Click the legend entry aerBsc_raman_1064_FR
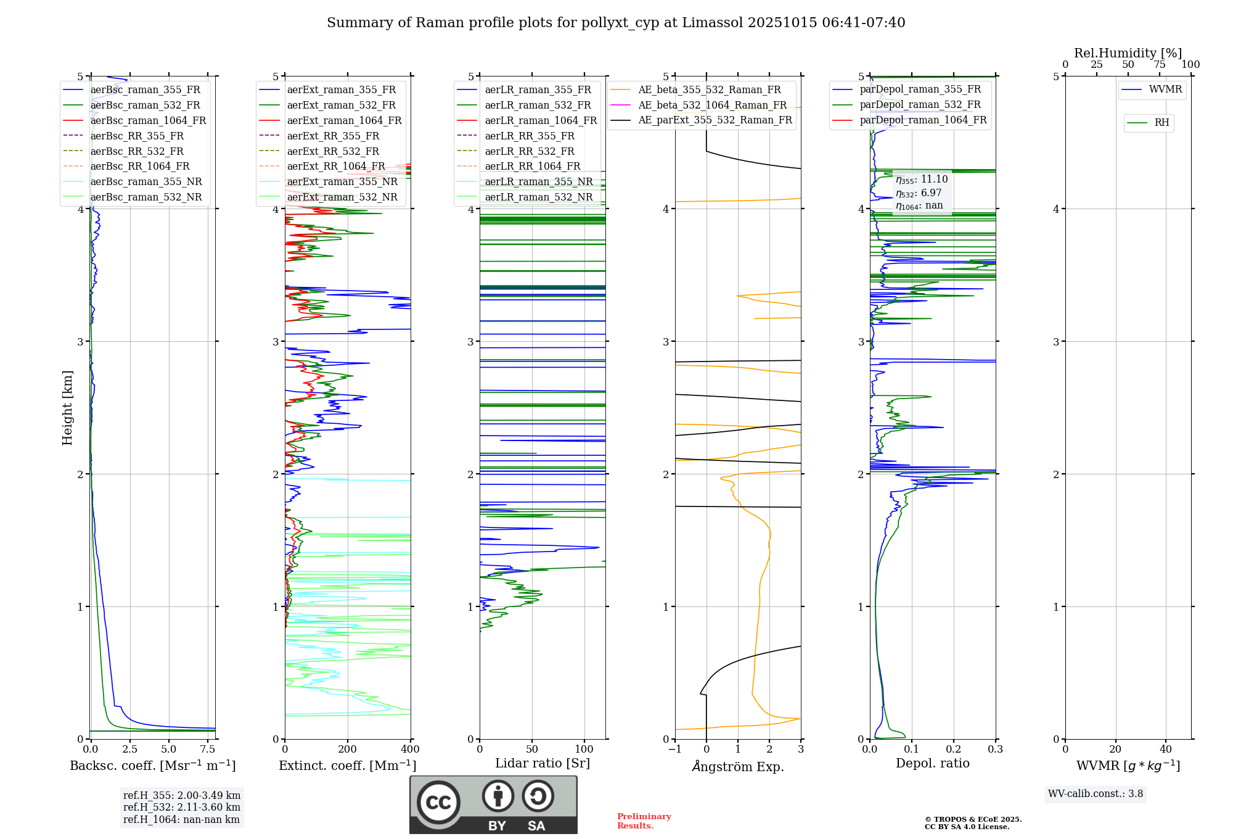point(148,121)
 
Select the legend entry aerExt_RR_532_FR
point(333,151)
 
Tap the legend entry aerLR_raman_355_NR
point(538,182)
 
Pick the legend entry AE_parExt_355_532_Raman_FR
point(715,120)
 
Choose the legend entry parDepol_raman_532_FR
point(920,105)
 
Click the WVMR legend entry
point(1165,89)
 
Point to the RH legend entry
point(1161,123)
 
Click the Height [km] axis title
point(67,408)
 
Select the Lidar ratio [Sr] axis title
point(543,763)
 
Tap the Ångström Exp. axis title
point(738,766)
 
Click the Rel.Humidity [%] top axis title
point(1128,53)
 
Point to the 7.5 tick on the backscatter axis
point(208,750)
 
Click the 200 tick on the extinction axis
point(348,750)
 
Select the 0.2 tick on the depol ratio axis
point(954,750)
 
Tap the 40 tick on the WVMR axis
point(1166,750)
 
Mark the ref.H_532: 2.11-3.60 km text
point(182,807)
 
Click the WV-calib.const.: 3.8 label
point(1096,794)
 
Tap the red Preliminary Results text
point(644,821)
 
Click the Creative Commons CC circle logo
point(438,803)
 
